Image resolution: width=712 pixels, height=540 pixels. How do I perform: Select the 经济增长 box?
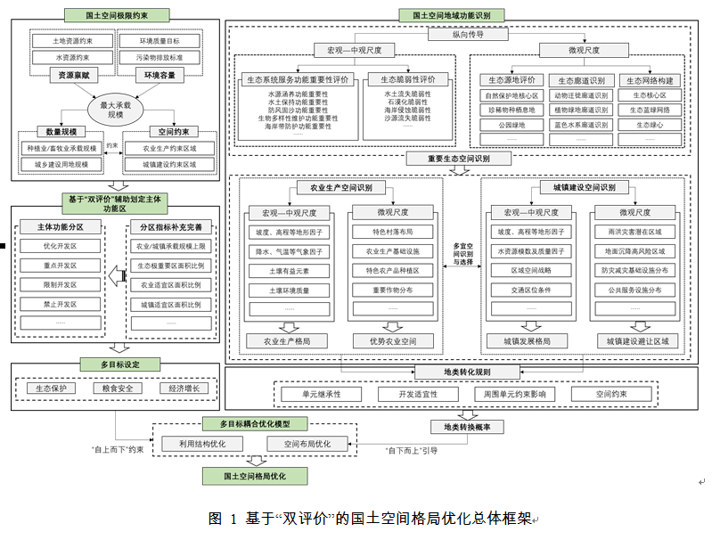click(x=184, y=389)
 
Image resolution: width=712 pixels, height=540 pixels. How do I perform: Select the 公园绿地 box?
click(x=511, y=126)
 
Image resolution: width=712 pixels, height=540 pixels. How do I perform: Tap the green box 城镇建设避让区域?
click(x=636, y=340)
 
